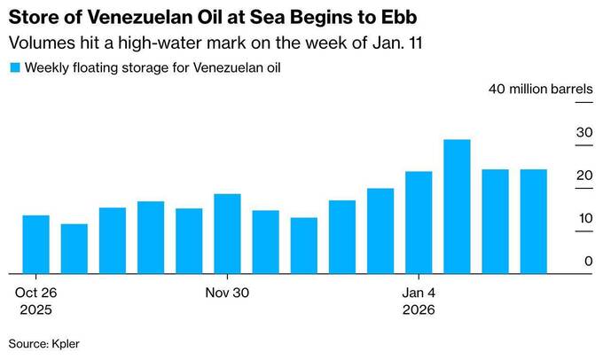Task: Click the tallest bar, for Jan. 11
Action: [457, 207]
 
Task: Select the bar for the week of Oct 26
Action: [35, 244]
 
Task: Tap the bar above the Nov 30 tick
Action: [228, 233]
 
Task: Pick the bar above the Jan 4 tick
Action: [419, 222]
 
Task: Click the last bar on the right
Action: [533, 221]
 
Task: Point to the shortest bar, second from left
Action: [74, 248]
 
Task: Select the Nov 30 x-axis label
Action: [228, 293]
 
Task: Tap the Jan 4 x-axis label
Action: [419, 293]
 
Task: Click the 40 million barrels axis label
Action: [540, 89]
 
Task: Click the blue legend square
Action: [14, 67]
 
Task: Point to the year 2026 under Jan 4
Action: [419, 310]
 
